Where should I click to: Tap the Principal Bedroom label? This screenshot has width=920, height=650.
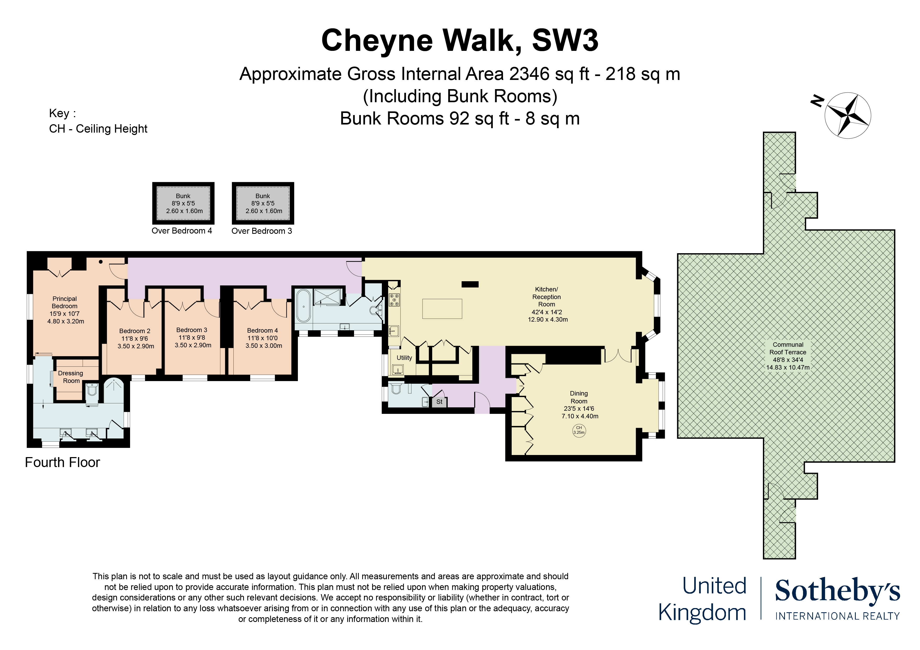[65, 302]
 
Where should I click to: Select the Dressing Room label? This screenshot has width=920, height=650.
[71, 377]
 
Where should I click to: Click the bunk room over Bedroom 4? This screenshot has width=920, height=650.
[183, 203]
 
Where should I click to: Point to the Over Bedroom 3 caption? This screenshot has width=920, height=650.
[262, 231]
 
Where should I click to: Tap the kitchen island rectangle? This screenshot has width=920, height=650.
[442, 309]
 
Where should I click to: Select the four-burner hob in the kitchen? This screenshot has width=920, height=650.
[394, 300]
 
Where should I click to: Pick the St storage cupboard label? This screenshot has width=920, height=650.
[439, 402]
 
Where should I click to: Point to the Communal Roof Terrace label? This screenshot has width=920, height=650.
[788, 348]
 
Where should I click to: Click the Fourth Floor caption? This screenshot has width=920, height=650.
[62, 463]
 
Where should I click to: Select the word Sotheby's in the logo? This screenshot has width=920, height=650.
[837, 591]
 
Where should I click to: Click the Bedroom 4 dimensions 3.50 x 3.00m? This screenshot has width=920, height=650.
[264, 346]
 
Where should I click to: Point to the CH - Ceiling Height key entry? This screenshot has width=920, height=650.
[98, 129]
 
